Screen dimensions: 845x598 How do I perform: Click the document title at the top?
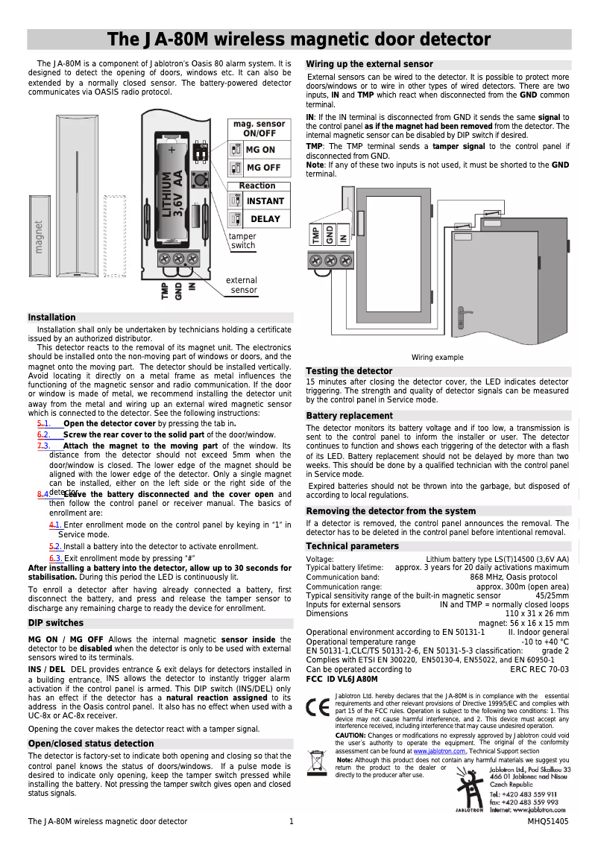(299, 39)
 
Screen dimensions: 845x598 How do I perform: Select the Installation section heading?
(52, 317)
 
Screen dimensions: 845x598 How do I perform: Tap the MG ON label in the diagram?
(260, 150)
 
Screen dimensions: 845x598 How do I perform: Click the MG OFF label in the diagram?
(263, 168)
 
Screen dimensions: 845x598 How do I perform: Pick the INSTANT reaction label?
(265, 201)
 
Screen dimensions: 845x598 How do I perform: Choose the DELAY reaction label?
(265, 219)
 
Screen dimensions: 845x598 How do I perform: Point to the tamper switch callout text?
(243, 241)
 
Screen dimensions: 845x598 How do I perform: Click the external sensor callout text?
(242, 285)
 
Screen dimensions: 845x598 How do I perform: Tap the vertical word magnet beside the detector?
(39, 237)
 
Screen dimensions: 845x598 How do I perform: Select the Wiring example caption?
(438, 358)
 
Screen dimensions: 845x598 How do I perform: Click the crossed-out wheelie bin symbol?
(318, 764)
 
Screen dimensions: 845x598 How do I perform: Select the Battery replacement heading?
(349, 416)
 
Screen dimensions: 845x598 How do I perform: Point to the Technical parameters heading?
(353, 547)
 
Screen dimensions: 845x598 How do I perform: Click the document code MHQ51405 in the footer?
(548, 821)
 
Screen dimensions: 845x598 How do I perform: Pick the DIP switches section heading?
(56, 623)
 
